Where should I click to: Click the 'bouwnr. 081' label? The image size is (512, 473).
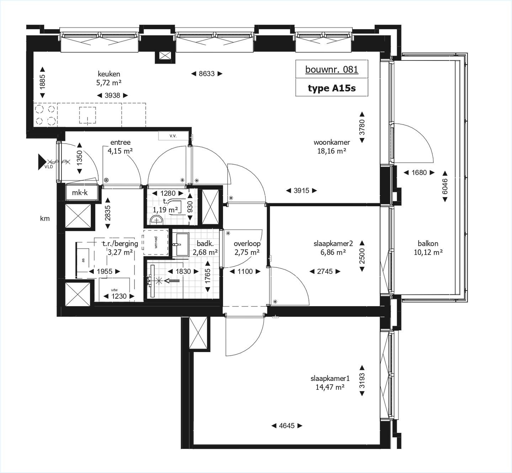(331, 69)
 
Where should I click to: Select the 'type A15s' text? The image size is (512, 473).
(331, 88)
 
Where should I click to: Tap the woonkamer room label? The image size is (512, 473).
(331, 142)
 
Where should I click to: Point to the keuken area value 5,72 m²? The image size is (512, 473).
(109, 83)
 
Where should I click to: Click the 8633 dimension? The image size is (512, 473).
(207, 74)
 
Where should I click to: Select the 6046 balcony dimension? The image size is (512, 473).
(444, 186)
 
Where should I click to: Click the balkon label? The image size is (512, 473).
(428, 244)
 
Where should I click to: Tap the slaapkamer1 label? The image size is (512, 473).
(330, 379)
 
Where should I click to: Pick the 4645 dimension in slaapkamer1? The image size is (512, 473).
(287, 425)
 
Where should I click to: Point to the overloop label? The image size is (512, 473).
(247, 244)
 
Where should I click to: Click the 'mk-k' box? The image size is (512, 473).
(80, 193)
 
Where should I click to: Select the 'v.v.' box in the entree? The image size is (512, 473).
(173, 136)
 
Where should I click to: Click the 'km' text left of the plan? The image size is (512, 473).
(45, 219)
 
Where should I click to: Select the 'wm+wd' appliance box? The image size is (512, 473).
(156, 243)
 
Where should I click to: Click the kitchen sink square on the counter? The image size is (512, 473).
(87, 115)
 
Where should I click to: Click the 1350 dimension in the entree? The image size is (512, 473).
(79, 158)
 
